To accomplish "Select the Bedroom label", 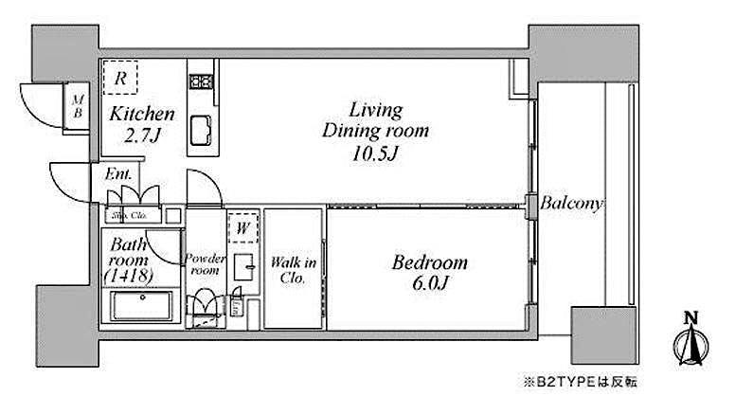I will point(430,262).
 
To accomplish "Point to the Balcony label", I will point(573,204).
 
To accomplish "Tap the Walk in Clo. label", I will point(293,269).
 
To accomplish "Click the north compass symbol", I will point(690,339).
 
